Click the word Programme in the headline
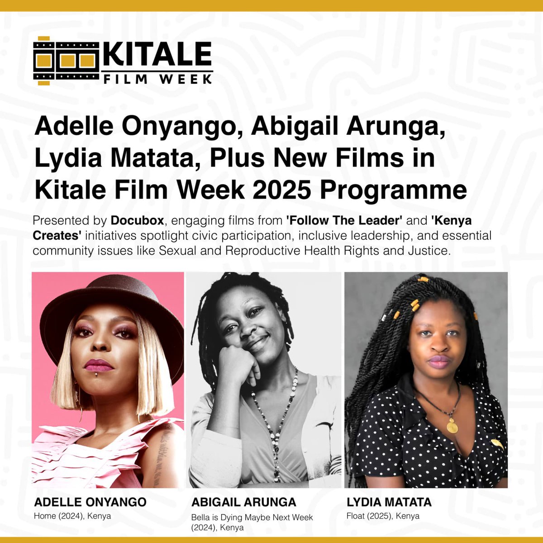point(393,191)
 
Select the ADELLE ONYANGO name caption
point(90,502)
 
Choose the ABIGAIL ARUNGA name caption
point(244,502)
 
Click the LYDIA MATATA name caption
point(389,502)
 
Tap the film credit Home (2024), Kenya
point(72,516)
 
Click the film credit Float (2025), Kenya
point(383,516)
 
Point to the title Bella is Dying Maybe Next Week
point(252,517)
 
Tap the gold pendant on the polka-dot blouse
point(452,425)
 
